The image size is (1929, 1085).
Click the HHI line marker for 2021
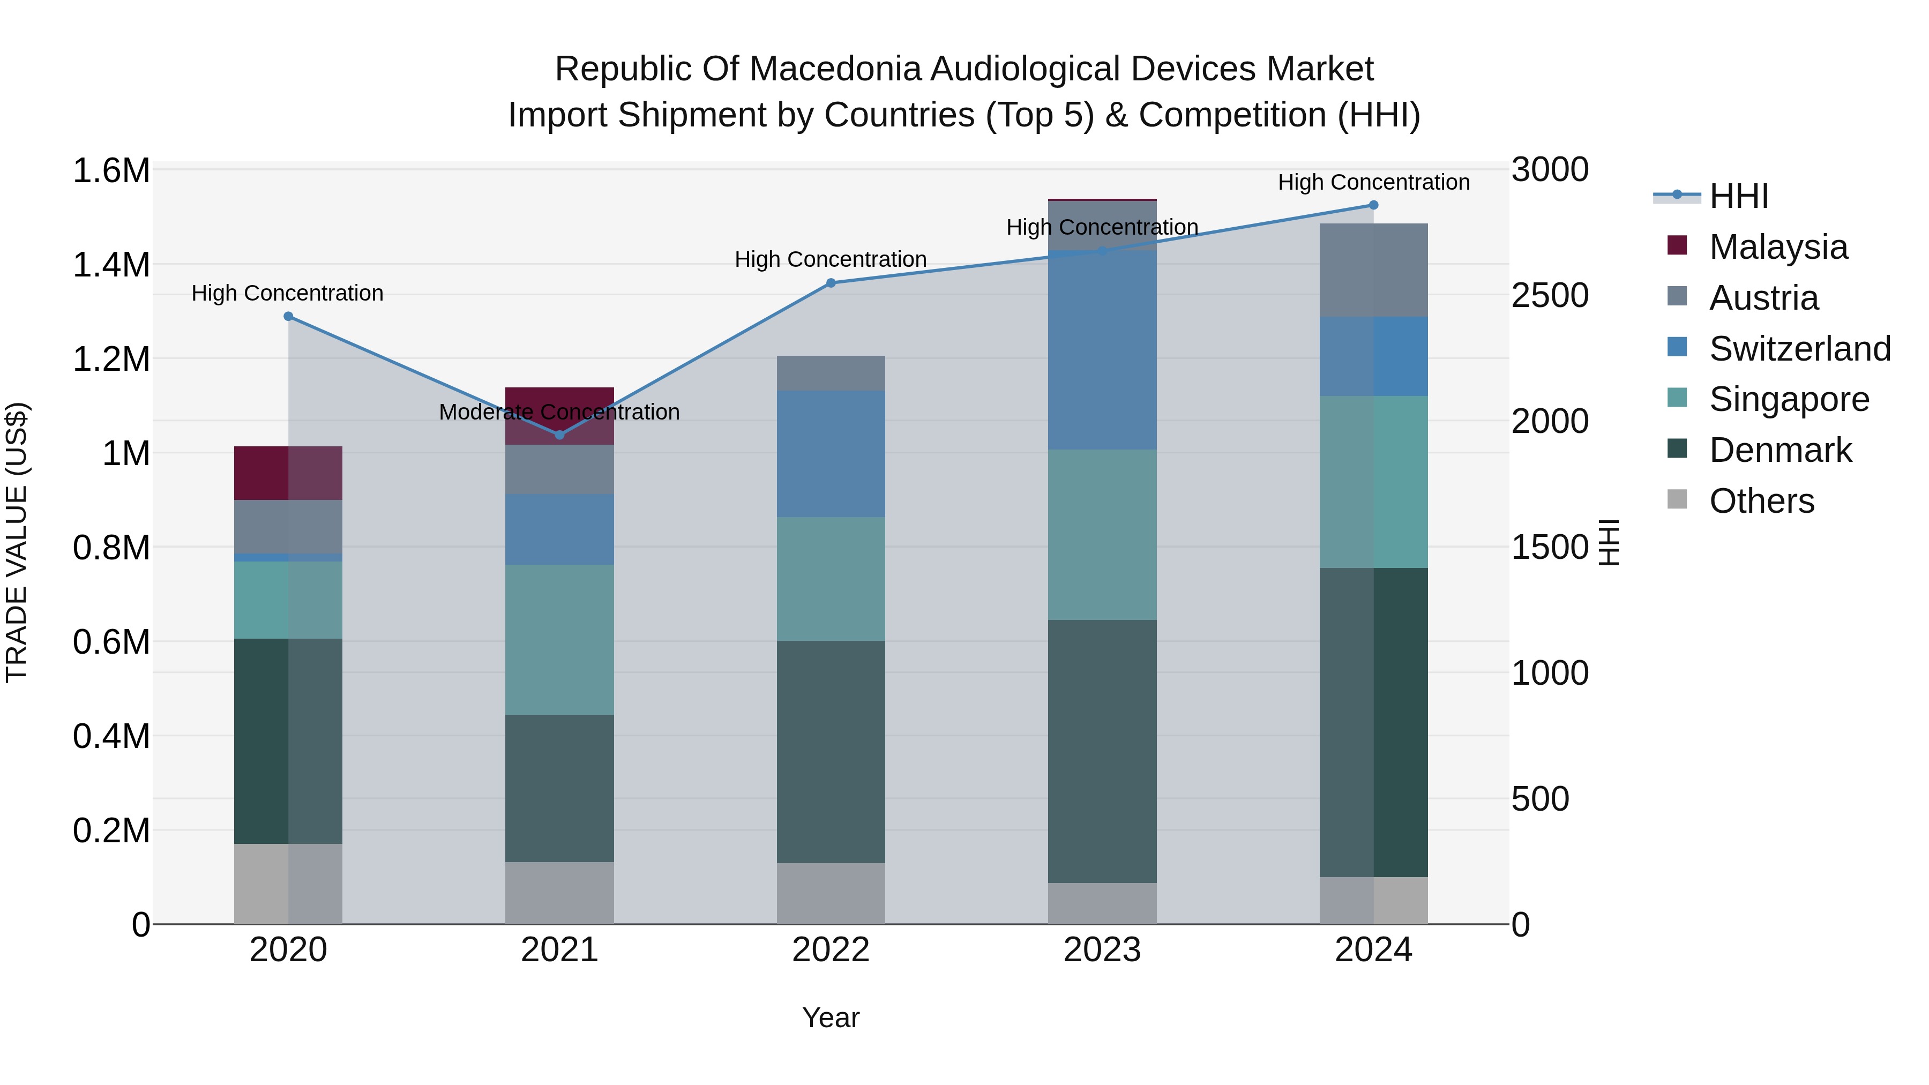pyautogui.click(x=559, y=435)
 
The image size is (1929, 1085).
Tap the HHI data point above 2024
pyautogui.click(x=1373, y=205)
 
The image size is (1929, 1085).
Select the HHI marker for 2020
pyautogui.click(x=288, y=317)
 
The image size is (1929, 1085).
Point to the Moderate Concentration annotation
pyautogui.click(x=559, y=412)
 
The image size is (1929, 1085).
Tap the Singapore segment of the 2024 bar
pyautogui.click(x=1373, y=482)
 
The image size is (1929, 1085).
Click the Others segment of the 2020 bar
pyautogui.click(x=288, y=884)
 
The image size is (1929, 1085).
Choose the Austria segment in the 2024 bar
pyautogui.click(x=1373, y=271)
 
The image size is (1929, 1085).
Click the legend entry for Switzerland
pyautogui.click(x=1799, y=349)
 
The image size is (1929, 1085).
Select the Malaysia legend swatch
pyautogui.click(x=1677, y=245)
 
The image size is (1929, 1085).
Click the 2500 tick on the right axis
pyautogui.click(x=1549, y=296)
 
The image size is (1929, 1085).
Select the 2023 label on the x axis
pyautogui.click(x=1102, y=950)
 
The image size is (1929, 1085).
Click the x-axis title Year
pyautogui.click(x=831, y=1017)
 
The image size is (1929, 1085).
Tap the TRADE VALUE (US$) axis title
pyautogui.click(x=17, y=543)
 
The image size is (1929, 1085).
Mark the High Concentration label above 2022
pyautogui.click(x=831, y=259)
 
